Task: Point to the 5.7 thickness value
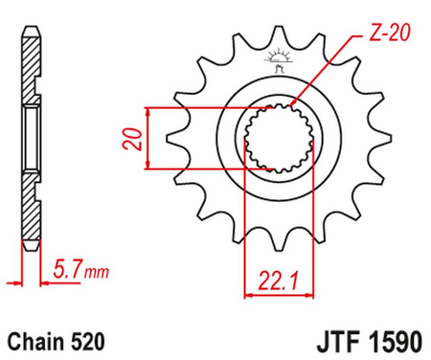tap(67, 270)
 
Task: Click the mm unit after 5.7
tap(95, 272)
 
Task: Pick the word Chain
tap(34, 340)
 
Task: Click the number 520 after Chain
tap(80, 340)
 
